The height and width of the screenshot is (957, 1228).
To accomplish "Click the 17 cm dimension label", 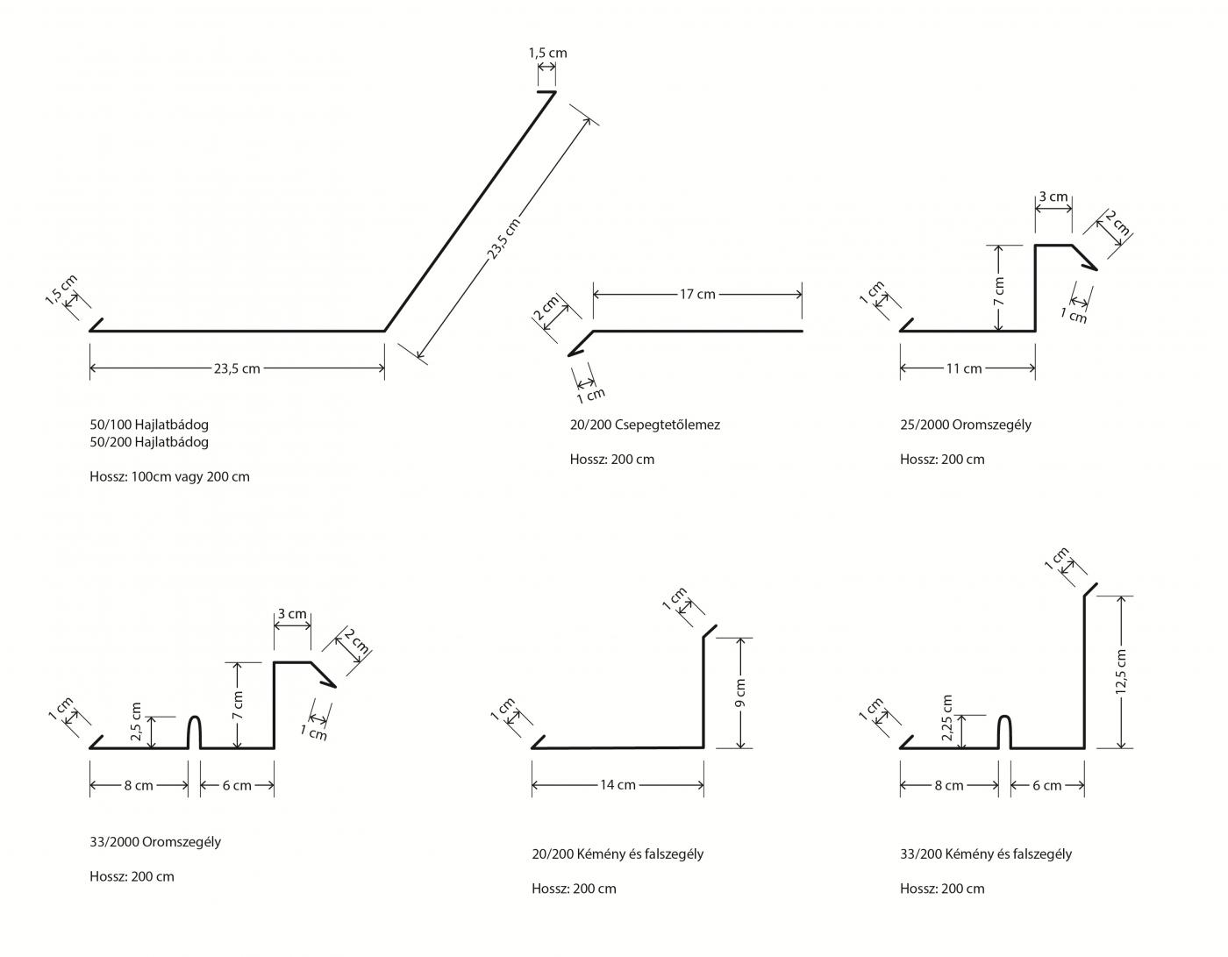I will tap(697, 294).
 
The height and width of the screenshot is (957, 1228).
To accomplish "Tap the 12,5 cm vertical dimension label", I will tap(1120, 672).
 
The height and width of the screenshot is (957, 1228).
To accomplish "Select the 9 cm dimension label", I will tap(740, 692).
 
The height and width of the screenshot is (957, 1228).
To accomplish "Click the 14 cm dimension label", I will tap(618, 785).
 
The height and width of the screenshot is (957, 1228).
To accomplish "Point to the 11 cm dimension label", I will tap(964, 368).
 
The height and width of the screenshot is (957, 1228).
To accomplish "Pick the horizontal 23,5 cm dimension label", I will tap(237, 368).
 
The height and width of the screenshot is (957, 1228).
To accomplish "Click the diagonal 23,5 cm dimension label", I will tap(503, 239).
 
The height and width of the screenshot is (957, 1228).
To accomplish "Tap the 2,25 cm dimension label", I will tap(946, 718).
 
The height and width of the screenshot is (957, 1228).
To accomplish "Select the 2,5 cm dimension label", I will tap(135, 721).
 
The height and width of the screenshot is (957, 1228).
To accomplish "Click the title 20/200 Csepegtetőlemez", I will tap(645, 425).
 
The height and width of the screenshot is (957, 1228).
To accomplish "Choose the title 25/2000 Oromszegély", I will tap(965, 425).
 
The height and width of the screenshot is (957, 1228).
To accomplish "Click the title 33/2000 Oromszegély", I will tap(155, 841).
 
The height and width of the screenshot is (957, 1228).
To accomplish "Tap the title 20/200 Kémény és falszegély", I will tap(618, 853).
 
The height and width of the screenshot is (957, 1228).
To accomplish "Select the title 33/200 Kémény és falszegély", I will tap(986, 853).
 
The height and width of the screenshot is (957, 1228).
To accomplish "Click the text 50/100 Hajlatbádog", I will tap(149, 425).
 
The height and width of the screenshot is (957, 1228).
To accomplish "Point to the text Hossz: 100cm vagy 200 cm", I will tap(169, 476).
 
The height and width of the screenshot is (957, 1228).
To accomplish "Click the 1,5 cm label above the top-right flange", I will tap(547, 53).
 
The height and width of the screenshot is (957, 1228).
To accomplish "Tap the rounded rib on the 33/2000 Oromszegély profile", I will tap(195, 731).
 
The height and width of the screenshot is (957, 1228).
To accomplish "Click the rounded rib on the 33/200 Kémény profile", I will tap(1005, 731).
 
